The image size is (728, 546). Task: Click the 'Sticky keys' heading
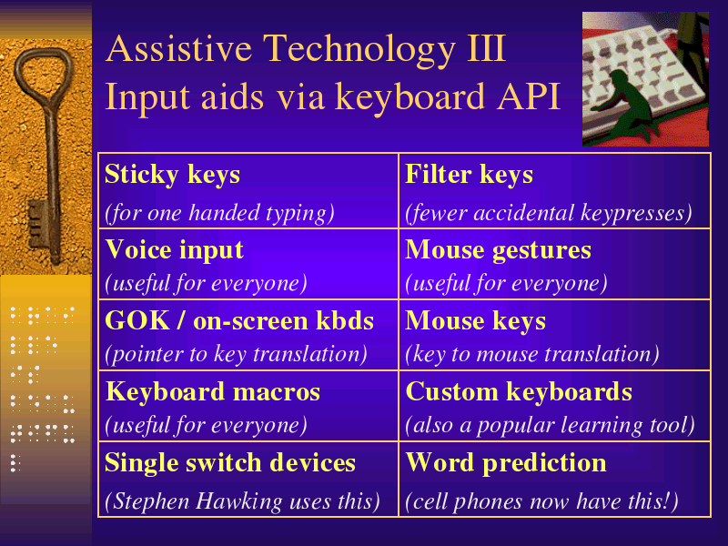(172, 176)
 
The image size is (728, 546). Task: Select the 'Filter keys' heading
(469, 176)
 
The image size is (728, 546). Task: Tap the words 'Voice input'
(174, 250)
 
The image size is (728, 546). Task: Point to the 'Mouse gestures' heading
(498, 251)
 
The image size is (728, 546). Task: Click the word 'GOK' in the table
(137, 321)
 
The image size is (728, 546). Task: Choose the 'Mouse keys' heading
(475, 322)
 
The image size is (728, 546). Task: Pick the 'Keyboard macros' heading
(213, 392)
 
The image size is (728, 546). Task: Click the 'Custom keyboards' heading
(519, 392)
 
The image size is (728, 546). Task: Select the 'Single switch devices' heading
(230, 463)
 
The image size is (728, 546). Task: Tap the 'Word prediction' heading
(506, 463)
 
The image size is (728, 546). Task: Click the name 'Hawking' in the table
(239, 502)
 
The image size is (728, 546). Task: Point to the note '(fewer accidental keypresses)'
(549, 213)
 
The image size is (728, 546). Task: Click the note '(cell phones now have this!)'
(541, 501)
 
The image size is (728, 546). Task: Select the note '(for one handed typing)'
(219, 213)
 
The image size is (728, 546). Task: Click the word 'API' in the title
(529, 97)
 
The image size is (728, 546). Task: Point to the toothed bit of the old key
(37, 224)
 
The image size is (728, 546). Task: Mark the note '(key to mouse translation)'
(532, 354)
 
